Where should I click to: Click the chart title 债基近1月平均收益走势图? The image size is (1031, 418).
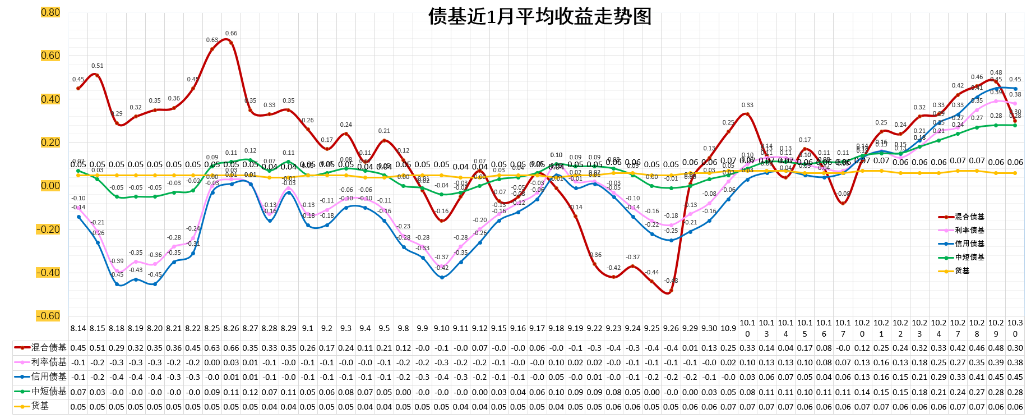coord(539,16)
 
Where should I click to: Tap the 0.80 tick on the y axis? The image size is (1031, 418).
coord(50,12)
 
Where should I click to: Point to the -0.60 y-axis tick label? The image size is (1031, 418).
coord(49,316)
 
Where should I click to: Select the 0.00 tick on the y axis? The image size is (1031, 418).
coord(50,186)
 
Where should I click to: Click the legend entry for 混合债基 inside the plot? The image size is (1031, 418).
coord(969,217)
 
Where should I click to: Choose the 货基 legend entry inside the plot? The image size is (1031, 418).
coord(962,270)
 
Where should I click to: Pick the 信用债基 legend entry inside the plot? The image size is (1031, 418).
coord(969,244)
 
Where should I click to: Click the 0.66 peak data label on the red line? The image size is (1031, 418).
coord(231,34)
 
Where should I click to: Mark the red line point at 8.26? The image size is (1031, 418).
coord(231,43)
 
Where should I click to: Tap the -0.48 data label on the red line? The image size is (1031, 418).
coord(671,281)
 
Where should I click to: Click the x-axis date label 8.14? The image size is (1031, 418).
coord(78,328)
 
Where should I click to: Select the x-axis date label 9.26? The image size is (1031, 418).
coord(671,328)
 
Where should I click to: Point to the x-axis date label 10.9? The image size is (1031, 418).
coord(728,328)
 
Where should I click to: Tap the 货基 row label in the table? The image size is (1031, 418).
coord(40,406)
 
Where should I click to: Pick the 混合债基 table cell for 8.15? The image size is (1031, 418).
coord(98,348)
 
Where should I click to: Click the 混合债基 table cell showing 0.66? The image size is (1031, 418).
coord(231,348)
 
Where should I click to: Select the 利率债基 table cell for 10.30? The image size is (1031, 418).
coord(1015,362)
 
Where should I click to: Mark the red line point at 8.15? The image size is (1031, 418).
coord(98,75)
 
